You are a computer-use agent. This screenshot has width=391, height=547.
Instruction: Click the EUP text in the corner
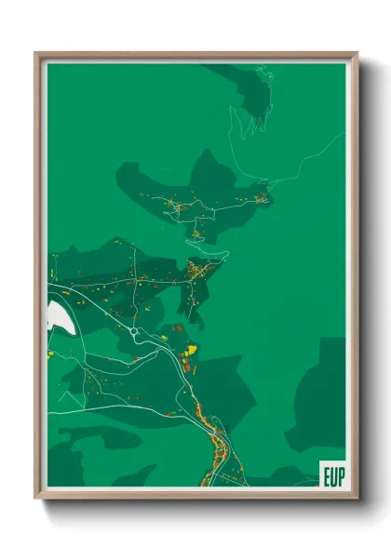tap(332, 474)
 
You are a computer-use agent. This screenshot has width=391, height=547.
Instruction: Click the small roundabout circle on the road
tap(135, 331)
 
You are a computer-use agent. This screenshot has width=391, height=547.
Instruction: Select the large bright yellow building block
tap(191, 351)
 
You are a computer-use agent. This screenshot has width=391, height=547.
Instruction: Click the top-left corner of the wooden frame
tap(36, 54)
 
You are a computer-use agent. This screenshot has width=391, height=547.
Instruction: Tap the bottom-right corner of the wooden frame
tap(357, 498)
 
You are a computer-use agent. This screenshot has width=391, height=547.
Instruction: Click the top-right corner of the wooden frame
tap(357, 54)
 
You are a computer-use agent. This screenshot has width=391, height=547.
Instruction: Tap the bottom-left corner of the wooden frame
tap(36, 498)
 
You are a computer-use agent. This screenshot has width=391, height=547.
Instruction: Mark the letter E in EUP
tap(326, 474)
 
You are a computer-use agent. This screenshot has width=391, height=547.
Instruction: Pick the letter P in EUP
tap(340, 474)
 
